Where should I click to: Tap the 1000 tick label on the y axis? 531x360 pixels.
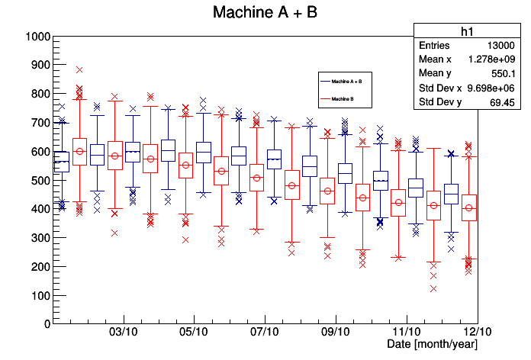pyautogui.click(x=37, y=37)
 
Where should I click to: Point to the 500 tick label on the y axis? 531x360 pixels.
pyautogui.click(x=40, y=180)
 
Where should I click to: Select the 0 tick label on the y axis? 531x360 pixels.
pyautogui.click(x=47, y=323)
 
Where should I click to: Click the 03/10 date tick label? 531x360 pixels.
pyautogui.click(x=124, y=333)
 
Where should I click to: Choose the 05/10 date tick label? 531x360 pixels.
pyautogui.click(x=194, y=333)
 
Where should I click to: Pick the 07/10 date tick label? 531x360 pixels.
pyautogui.click(x=264, y=333)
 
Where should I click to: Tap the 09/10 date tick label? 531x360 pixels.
pyautogui.click(x=336, y=333)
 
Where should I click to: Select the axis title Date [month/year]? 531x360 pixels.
pyautogui.click(x=432, y=345)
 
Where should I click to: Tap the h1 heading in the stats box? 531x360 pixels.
pyautogui.click(x=468, y=31)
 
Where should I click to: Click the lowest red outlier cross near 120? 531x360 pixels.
pyautogui.click(x=433, y=288)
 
